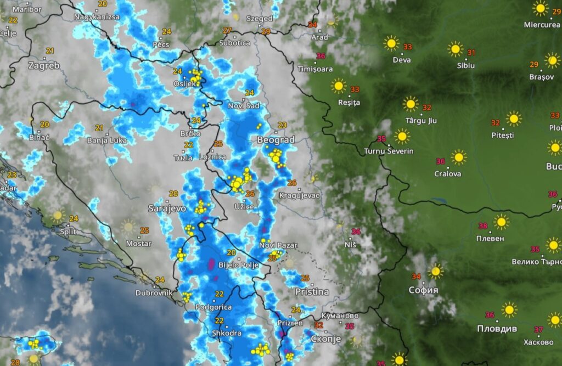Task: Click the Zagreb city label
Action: [43, 66]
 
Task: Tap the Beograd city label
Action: [276, 140]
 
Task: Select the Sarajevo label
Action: [167, 209]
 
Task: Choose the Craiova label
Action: [447, 174]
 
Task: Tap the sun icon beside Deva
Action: [391, 43]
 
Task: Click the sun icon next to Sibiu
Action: [455, 49]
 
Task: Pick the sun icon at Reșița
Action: [339, 86]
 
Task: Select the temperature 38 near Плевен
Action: [483, 226]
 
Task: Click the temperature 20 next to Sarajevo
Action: [173, 194]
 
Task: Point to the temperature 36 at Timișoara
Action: [321, 56]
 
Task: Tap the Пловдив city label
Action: [497, 329]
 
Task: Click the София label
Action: [423, 290]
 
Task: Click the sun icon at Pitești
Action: [513, 119]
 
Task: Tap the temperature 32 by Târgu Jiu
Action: [426, 108]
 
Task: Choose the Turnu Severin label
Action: [389, 151]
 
